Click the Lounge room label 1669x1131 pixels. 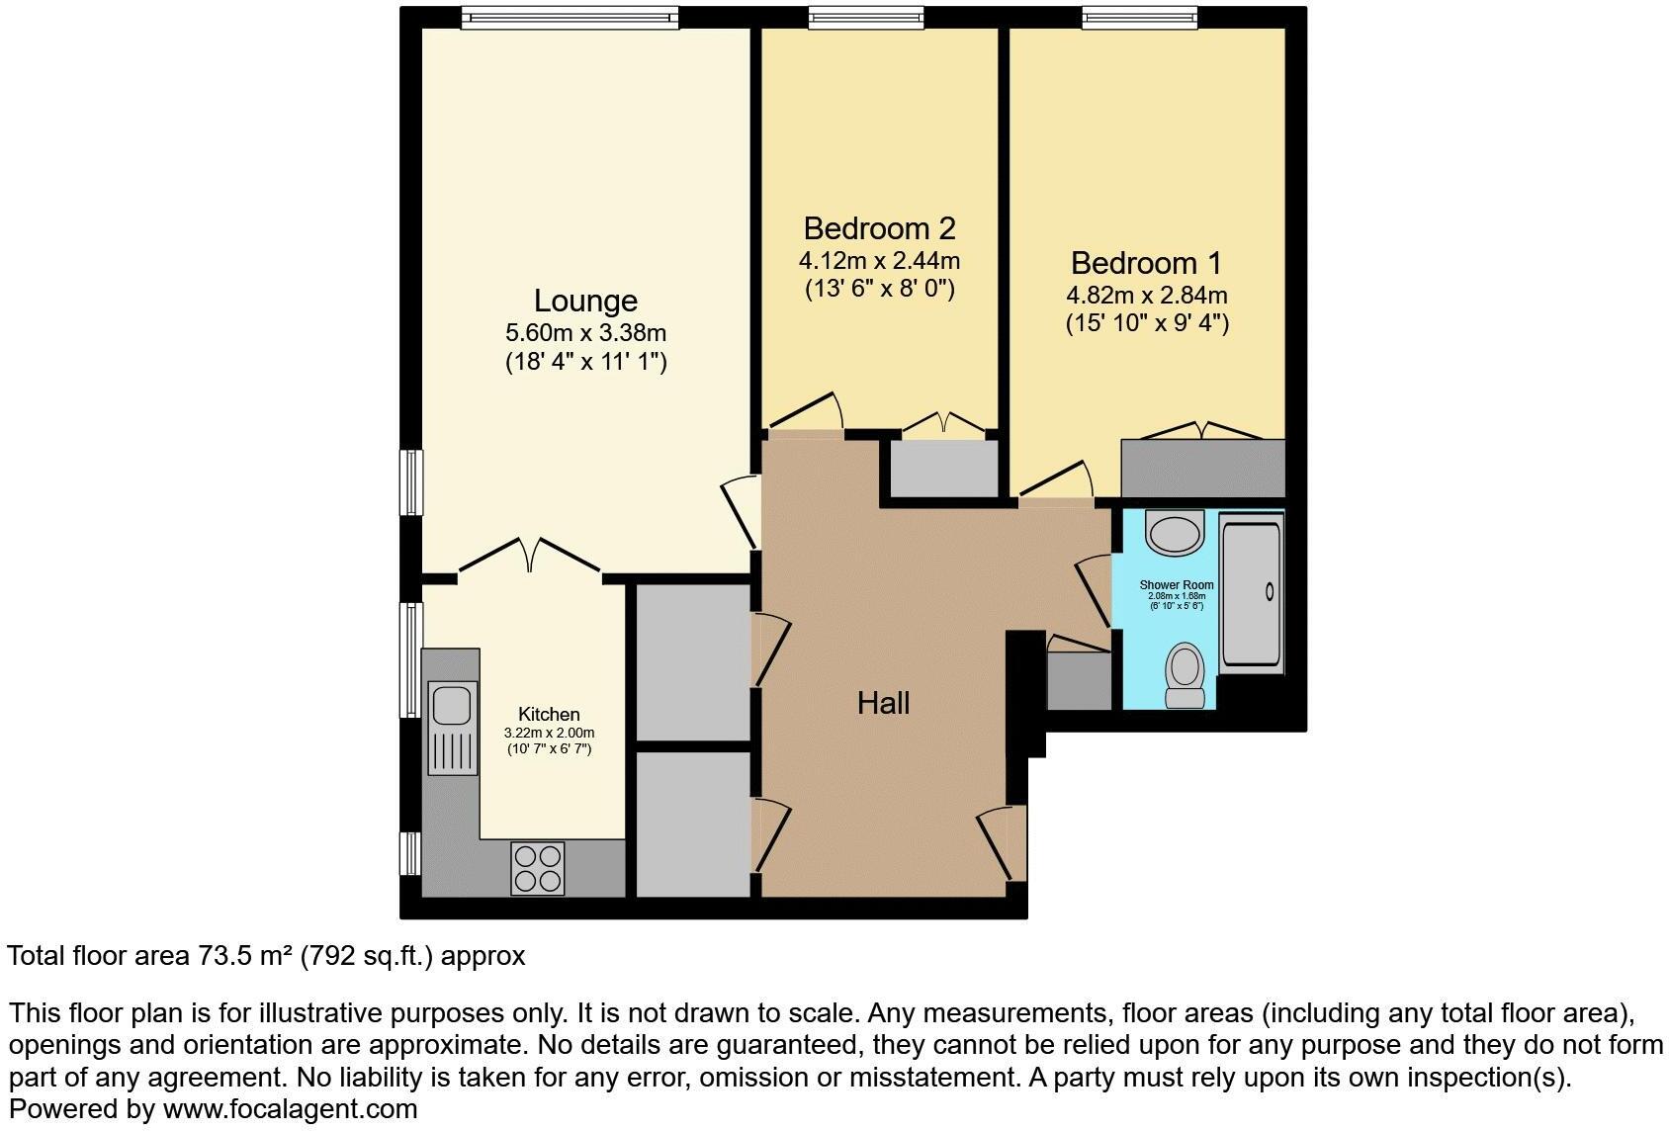point(585,301)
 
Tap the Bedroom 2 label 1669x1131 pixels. point(879,228)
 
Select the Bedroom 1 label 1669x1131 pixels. point(1146,263)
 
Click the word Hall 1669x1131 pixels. point(883,703)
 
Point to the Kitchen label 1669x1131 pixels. point(549,714)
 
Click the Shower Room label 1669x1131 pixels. point(1176,584)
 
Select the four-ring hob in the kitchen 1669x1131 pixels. point(538,867)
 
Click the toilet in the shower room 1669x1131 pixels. point(1185,674)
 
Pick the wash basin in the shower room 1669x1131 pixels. point(1175,533)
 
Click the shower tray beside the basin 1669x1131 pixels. point(1251,592)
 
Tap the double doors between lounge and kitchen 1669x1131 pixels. point(529,557)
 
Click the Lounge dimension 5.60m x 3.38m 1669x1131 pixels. point(585,333)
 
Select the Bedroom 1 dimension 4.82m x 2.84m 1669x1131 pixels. point(1146,295)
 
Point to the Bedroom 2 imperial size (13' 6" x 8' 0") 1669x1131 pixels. point(879,289)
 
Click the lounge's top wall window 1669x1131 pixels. point(569,17)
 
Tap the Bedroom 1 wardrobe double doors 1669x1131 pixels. point(1202,431)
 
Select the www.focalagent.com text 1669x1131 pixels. point(290,1109)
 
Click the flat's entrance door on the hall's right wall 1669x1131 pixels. point(999,842)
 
